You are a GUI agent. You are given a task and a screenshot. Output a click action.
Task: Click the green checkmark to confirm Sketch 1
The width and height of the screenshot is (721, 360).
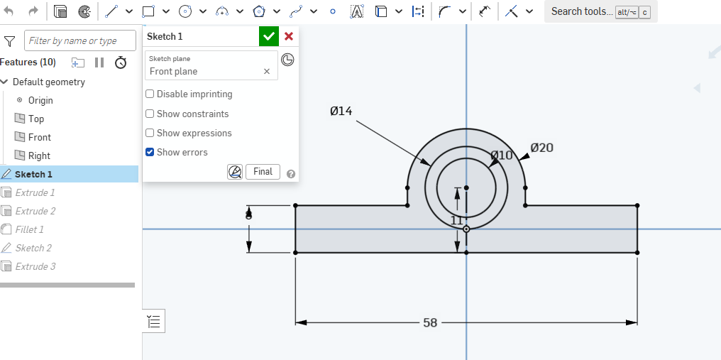coord(269,36)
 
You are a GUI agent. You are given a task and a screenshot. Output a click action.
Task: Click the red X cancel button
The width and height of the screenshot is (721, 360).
coord(289,36)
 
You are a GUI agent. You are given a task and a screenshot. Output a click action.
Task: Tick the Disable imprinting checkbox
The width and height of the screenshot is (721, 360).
coord(150,94)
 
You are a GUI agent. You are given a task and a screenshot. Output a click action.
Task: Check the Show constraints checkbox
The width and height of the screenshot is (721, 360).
coord(150,114)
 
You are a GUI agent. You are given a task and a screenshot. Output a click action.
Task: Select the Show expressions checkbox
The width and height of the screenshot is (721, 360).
coord(150,133)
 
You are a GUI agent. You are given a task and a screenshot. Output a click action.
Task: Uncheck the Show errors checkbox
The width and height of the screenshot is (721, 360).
coord(150,152)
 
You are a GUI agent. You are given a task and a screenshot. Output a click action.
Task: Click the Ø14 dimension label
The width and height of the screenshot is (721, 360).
coord(341,111)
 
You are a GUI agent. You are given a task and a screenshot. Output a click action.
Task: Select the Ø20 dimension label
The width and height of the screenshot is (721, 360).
coord(541,148)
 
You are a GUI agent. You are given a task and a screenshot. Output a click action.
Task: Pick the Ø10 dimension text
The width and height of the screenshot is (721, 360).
coord(501,155)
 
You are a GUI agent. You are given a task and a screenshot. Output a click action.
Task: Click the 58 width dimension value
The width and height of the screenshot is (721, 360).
coord(430,322)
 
